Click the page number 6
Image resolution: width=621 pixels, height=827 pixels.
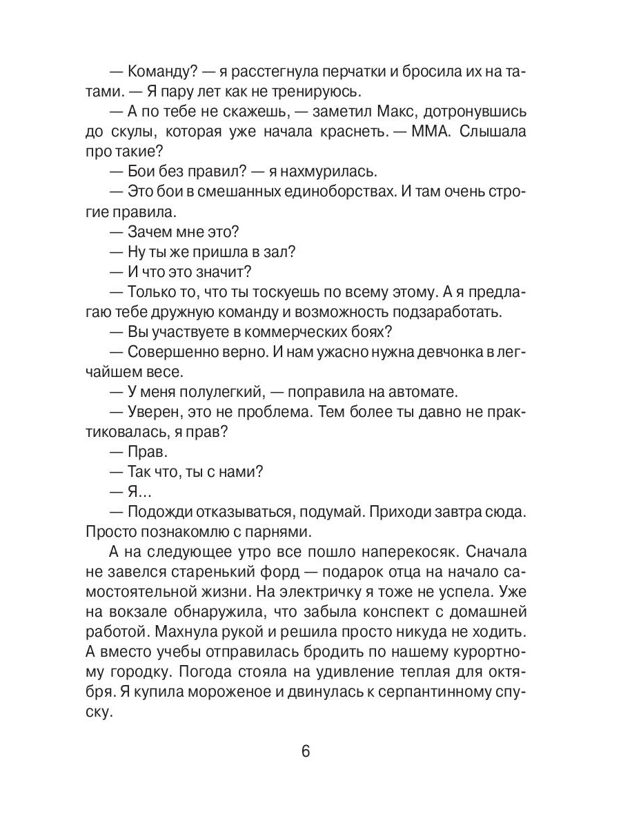(306, 751)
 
